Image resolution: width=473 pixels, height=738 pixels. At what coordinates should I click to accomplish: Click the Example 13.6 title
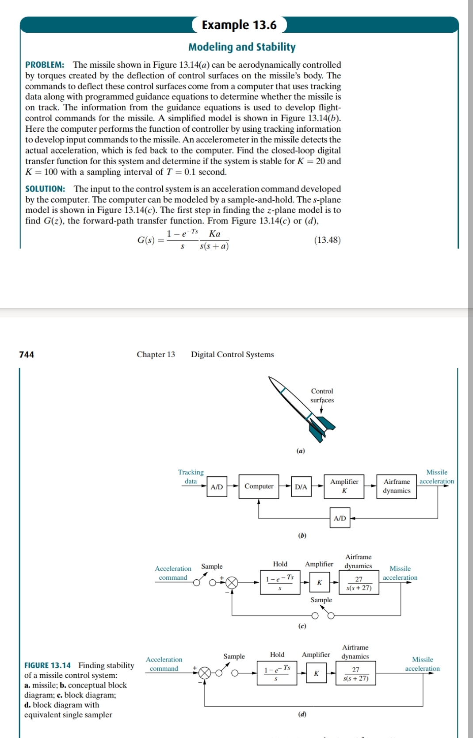tap(239, 25)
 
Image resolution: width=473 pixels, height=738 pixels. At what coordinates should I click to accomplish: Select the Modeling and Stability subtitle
tap(242, 47)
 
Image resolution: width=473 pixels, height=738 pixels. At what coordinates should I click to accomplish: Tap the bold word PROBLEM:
tap(45, 65)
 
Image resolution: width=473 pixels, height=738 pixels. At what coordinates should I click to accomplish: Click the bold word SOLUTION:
tap(45, 189)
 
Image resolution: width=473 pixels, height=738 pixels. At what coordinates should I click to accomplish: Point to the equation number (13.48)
tap(327, 240)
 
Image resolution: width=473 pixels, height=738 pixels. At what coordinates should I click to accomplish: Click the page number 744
tap(27, 355)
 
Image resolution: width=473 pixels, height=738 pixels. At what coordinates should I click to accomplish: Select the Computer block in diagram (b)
tap(259, 486)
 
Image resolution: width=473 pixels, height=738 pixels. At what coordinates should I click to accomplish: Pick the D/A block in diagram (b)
tap(301, 487)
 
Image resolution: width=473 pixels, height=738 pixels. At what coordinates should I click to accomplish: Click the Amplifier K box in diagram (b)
tap(344, 486)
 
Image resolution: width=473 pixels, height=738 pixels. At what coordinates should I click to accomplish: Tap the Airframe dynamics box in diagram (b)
tap(397, 486)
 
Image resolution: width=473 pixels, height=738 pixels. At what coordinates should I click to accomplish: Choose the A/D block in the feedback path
tap(339, 518)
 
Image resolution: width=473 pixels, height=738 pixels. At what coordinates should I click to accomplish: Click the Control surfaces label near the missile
tap(322, 396)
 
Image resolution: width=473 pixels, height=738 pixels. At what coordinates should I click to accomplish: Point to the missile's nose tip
tap(270, 378)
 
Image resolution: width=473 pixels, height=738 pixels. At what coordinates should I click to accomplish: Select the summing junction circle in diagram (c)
tap(232, 583)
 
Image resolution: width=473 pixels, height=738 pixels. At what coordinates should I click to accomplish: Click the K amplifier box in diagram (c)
tap(319, 582)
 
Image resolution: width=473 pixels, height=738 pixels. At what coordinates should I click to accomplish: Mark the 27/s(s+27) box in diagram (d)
tap(356, 673)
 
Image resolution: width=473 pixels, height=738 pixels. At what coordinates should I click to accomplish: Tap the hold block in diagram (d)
tap(277, 673)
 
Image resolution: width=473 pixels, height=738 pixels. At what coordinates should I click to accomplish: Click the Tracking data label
tap(191, 477)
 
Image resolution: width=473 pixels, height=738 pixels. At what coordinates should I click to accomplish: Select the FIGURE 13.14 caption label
tap(47, 665)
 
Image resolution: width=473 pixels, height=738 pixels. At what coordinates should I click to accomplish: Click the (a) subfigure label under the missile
tap(301, 451)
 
